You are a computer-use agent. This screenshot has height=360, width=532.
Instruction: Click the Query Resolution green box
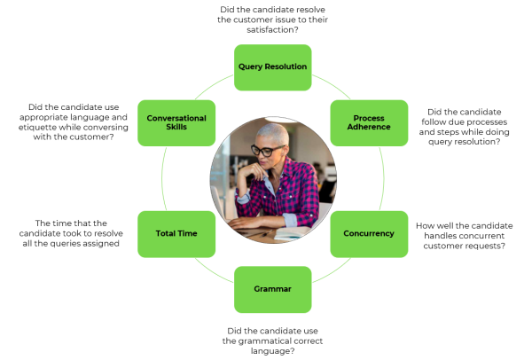[x=273, y=67]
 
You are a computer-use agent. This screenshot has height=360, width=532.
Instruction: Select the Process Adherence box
[x=369, y=123]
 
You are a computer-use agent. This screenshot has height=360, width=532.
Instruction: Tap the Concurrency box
[x=369, y=234]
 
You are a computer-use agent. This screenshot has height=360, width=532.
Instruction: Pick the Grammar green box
[x=273, y=289]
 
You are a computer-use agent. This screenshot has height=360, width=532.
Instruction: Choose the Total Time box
[x=176, y=234]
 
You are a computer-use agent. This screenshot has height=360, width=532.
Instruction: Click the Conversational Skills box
[x=176, y=123]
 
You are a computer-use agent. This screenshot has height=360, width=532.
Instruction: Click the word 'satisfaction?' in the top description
[x=272, y=30]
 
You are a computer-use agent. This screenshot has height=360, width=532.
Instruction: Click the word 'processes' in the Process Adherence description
[x=489, y=122]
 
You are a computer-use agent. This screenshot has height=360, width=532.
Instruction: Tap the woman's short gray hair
[x=273, y=132]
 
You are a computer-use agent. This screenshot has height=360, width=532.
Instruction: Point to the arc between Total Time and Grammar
[x=214, y=272]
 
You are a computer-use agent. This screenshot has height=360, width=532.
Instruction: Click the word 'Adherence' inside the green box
[x=369, y=127]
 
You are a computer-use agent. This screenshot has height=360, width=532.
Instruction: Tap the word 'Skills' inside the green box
[x=176, y=127]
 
